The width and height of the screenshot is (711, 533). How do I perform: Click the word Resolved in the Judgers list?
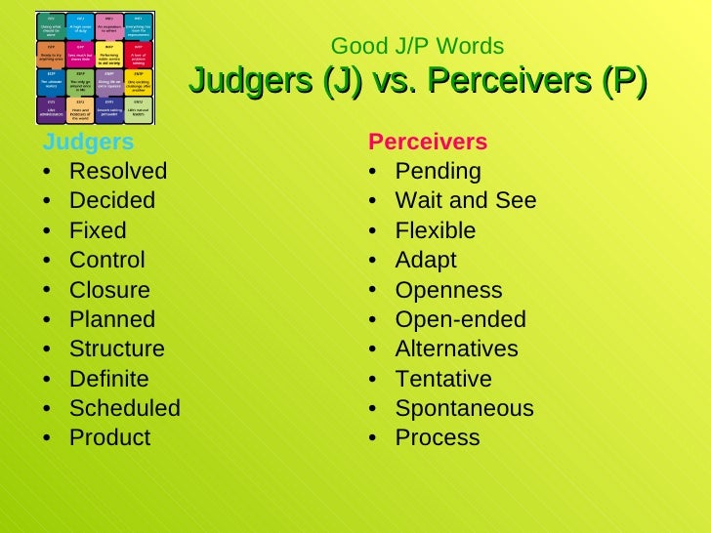(x=118, y=172)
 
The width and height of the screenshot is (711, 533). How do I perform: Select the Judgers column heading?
(x=88, y=143)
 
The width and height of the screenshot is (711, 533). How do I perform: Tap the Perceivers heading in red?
(x=428, y=143)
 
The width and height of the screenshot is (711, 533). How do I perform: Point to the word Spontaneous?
(x=464, y=408)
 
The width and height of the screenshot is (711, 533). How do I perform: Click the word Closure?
(x=109, y=290)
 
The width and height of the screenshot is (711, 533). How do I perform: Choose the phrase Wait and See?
(x=466, y=201)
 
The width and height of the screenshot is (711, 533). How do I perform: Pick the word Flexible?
(x=436, y=231)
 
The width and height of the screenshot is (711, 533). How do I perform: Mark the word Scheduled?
(x=125, y=408)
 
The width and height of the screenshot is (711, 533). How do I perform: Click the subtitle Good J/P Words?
(x=418, y=46)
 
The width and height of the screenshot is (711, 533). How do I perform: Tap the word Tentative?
(x=443, y=379)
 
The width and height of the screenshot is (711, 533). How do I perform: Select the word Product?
(x=110, y=438)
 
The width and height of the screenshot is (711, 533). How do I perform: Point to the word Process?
(x=438, y=438)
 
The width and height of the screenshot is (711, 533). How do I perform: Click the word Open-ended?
(x=461, y=319)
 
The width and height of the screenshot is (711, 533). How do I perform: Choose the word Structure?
(x=117, y=348)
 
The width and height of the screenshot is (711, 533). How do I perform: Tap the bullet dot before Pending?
(x=375, y=173)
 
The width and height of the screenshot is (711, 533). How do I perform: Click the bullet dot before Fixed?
(x=49, y=232)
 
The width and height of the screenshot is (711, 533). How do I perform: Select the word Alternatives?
(x=457, y=348)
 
